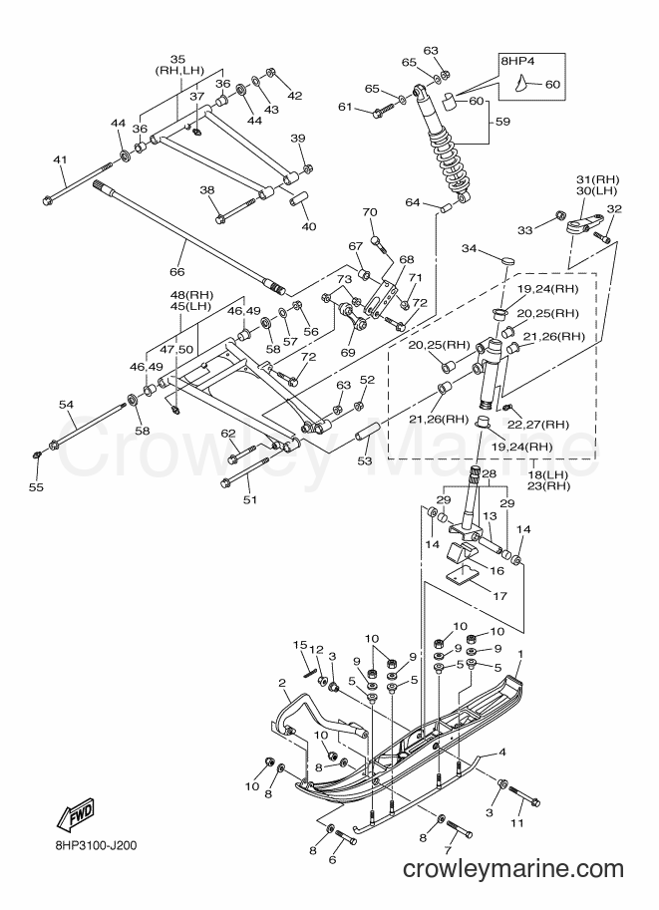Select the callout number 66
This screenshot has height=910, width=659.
point(176,272)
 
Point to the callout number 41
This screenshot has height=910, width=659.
point(61,159)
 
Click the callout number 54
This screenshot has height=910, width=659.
point(68,404)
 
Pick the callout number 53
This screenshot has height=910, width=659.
point(365,460)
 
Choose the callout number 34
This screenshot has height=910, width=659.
point(470,249)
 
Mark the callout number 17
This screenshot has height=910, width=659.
point(499,595)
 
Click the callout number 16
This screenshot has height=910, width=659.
point(497,571)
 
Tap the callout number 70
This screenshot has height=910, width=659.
point(370,212)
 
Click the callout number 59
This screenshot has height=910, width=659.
point(502,122)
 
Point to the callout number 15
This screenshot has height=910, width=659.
point(300,645)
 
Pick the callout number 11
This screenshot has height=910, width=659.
point(516,823)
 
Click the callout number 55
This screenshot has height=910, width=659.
point(36,487)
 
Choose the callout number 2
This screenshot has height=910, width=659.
point(282,682)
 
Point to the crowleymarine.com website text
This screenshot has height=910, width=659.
point(513,869)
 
